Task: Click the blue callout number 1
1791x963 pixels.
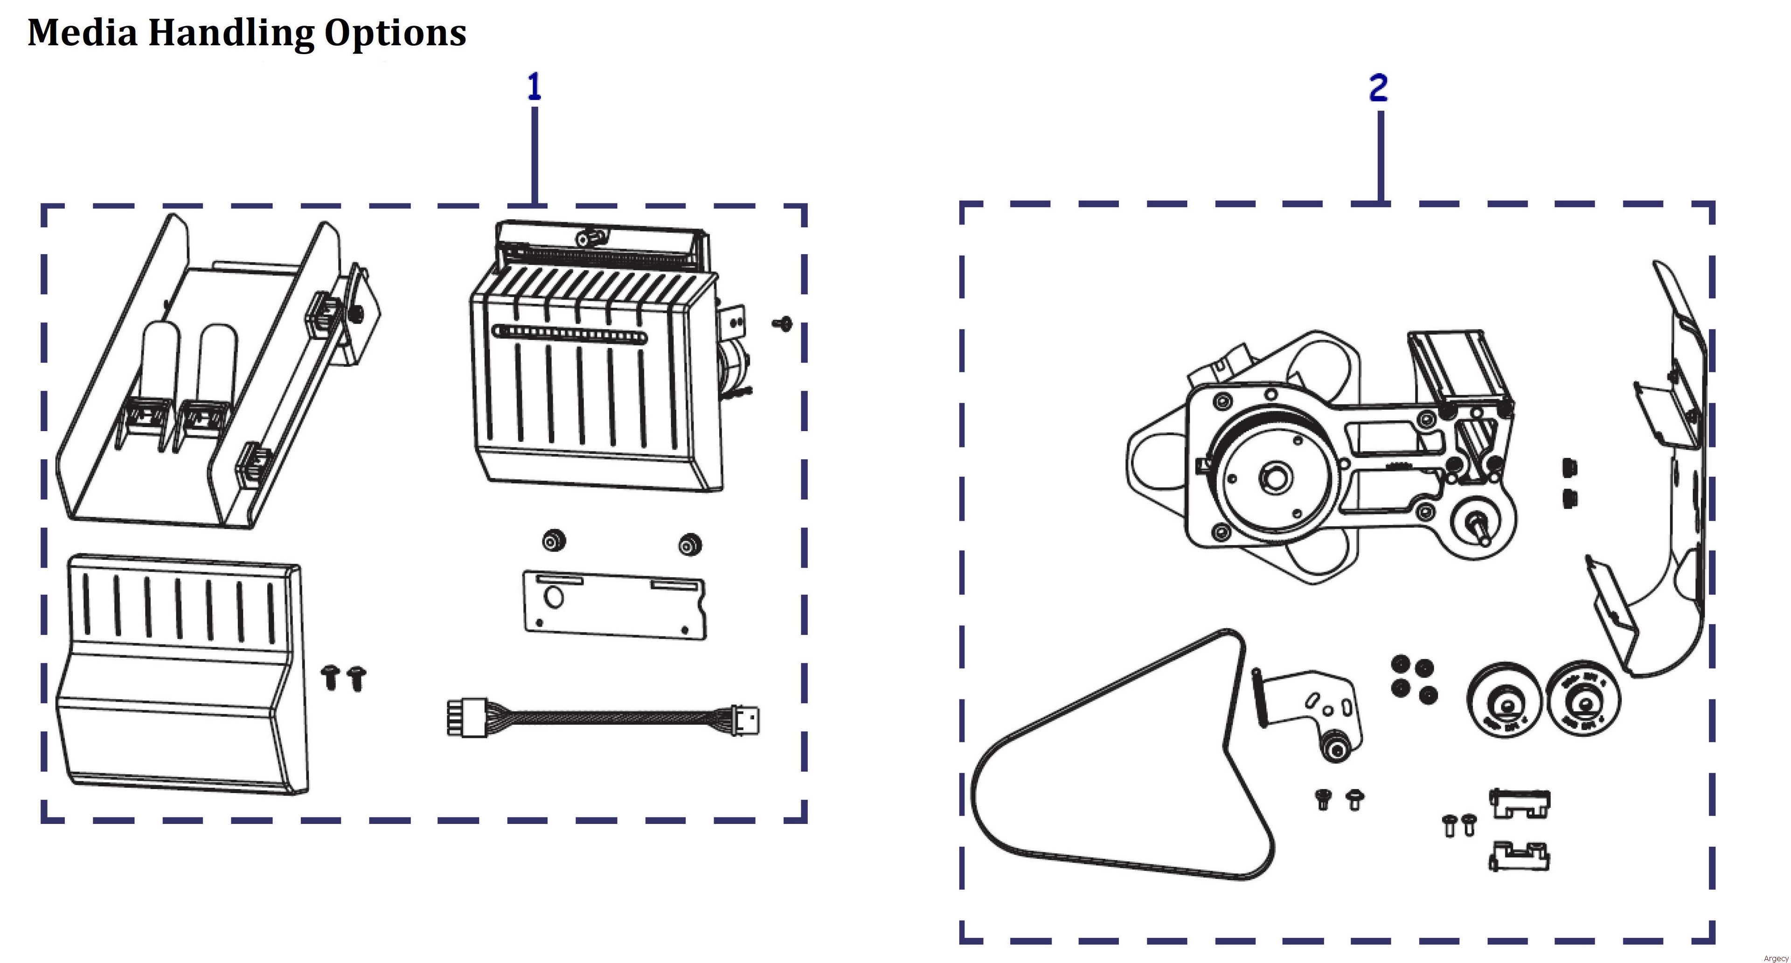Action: click(534, 88)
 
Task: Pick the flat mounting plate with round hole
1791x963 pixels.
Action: click(614, 604)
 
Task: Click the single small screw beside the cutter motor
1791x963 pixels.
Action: click(783, 323)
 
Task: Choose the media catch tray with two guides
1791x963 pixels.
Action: click(208, 376)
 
